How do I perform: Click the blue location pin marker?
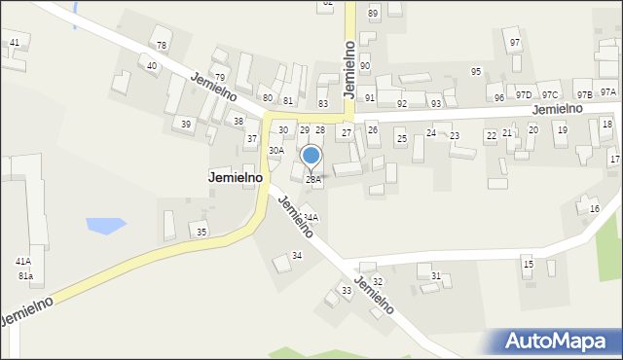311,156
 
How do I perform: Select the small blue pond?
105,226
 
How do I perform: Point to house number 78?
162,46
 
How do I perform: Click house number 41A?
23,262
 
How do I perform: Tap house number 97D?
524,95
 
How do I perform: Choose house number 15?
528,265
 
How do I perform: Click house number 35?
202,232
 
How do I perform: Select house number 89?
373,14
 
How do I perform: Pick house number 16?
595,209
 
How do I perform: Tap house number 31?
436,276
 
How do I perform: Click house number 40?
151,66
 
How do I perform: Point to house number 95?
476,72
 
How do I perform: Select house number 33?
346,291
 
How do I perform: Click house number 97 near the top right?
515,43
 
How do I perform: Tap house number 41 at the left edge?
14,43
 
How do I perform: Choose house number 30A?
276,151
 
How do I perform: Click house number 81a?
25,276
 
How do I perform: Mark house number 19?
562,129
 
